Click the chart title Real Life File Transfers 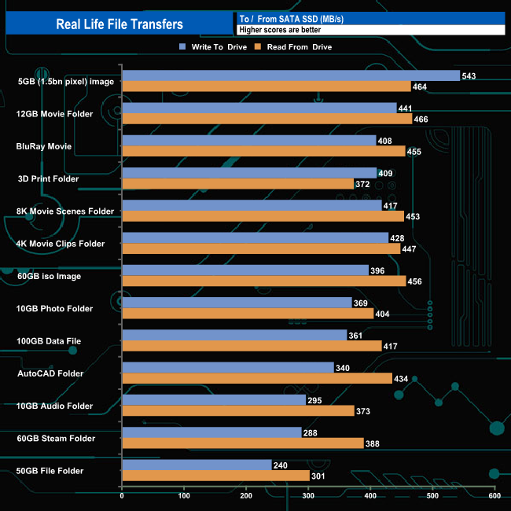119,24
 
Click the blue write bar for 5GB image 291,75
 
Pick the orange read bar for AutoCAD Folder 257,378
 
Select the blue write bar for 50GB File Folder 197,465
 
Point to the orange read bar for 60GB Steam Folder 243,443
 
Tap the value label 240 281,465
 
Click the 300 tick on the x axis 308,496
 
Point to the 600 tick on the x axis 494,496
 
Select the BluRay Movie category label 44,146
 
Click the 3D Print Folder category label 53,178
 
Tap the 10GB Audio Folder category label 55,406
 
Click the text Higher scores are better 281,30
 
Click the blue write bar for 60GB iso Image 245,270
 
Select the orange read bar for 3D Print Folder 238,183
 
